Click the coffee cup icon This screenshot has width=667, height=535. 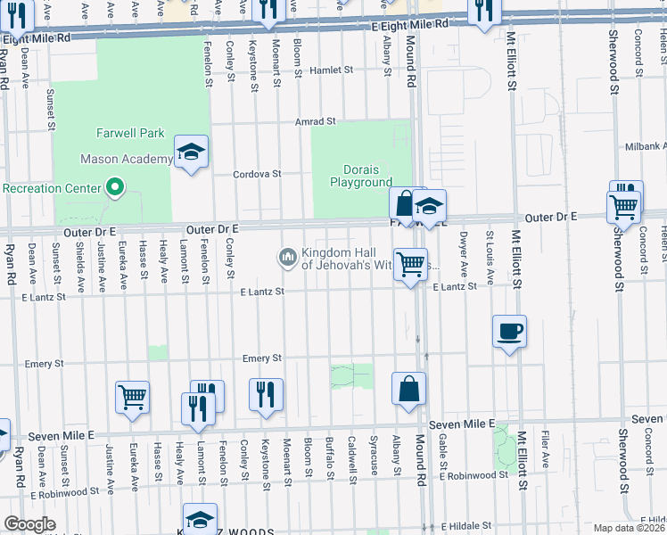tap(508, 332)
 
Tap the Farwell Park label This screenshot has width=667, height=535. tap(130, 133)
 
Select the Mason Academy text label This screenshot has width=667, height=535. tap(126, 159)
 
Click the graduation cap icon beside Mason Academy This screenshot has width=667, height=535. tap(191, 152)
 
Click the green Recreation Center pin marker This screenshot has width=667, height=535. tap(114, 187)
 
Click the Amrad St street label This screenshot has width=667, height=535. tap(316, 121)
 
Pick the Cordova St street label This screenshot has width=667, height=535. tap(258, 174)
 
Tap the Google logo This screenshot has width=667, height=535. tap(29, 524)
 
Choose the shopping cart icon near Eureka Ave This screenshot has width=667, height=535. tap(132, 397)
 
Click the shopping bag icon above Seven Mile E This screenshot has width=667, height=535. tap(408, 389)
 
